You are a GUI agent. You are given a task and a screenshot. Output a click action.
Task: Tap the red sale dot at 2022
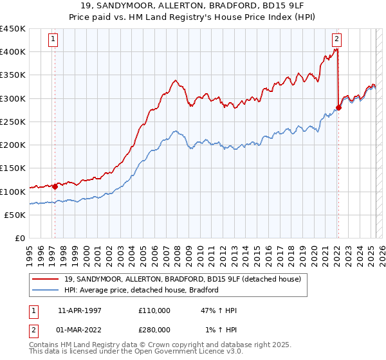[x=339, y=107]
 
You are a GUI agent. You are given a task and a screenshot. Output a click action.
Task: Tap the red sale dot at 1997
[x=55, y=187]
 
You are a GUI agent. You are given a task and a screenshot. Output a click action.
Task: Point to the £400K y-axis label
[x=13, y=52]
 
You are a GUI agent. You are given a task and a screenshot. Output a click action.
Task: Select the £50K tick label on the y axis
[x=15, y=215]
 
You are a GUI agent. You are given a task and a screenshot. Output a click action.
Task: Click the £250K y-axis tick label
[x=13, y=122]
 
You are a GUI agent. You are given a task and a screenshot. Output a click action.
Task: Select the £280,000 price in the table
[x=154, y=330]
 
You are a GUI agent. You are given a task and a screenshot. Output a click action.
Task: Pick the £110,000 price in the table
[x=154, y=310]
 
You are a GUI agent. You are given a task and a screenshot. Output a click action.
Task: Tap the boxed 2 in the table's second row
[x=32, y=330]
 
